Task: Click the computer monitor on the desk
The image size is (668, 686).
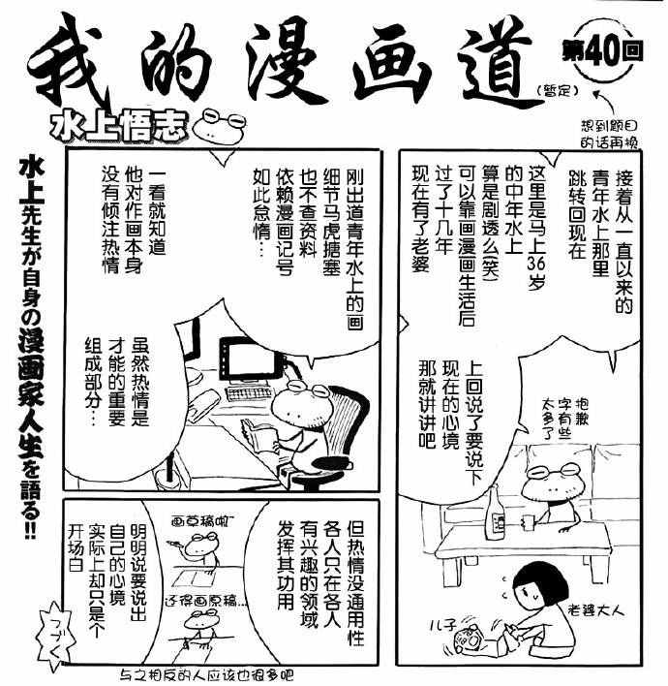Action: (248, 363)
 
